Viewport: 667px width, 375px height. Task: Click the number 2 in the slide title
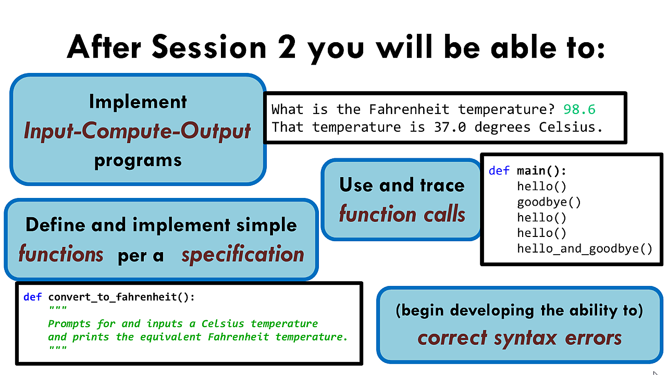pos(287,46)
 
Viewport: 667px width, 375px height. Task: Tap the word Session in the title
pos(209,46)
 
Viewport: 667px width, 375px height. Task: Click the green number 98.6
pos(579,109)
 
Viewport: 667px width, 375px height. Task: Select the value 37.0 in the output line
pos(450,127)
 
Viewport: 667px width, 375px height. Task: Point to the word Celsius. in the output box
pos(571,127)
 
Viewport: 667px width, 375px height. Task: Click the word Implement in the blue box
pos(138,102)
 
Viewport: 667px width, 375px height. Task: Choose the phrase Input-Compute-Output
pos(137,131)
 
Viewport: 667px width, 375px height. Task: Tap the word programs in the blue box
pos(138,161)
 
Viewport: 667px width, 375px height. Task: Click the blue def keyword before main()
pos(499,171)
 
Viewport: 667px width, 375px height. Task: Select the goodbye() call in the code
pos(549,203)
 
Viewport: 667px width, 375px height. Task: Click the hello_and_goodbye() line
pos(585,248)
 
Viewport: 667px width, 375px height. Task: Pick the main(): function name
pos(541,171)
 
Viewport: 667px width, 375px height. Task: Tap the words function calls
pos(402,214)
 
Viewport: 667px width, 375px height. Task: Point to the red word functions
pos(61,254)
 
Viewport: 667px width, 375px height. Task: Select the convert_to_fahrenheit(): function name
pos(121,297)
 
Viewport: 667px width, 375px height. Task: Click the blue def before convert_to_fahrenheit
pos(32,297)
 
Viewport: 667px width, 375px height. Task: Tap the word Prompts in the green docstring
pos(69,324)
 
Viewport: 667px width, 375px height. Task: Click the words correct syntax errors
pos(520,339)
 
